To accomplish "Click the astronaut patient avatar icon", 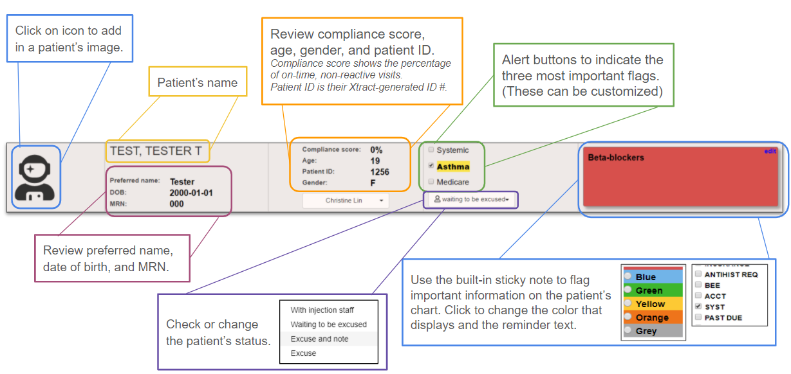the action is (34, 177).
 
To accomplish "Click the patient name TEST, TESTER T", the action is (156, 152).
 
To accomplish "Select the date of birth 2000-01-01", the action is (191, 193).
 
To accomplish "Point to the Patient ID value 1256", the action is (380, 172).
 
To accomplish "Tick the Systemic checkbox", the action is (431, 150).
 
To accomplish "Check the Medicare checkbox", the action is (431, 182).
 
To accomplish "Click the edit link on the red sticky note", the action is (770, 152).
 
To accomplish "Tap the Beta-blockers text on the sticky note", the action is (615, 157).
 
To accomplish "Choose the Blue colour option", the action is (628, 277).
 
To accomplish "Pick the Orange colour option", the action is (628, 317).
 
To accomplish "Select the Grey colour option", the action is (628, 331).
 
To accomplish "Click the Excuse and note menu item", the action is (319, 339).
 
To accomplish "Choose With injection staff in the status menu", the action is (322, 310).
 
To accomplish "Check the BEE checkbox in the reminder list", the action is (698, 285).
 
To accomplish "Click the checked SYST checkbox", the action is (698, 307).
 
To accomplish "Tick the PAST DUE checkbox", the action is (698, 318).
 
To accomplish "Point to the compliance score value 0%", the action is (377, 150).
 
